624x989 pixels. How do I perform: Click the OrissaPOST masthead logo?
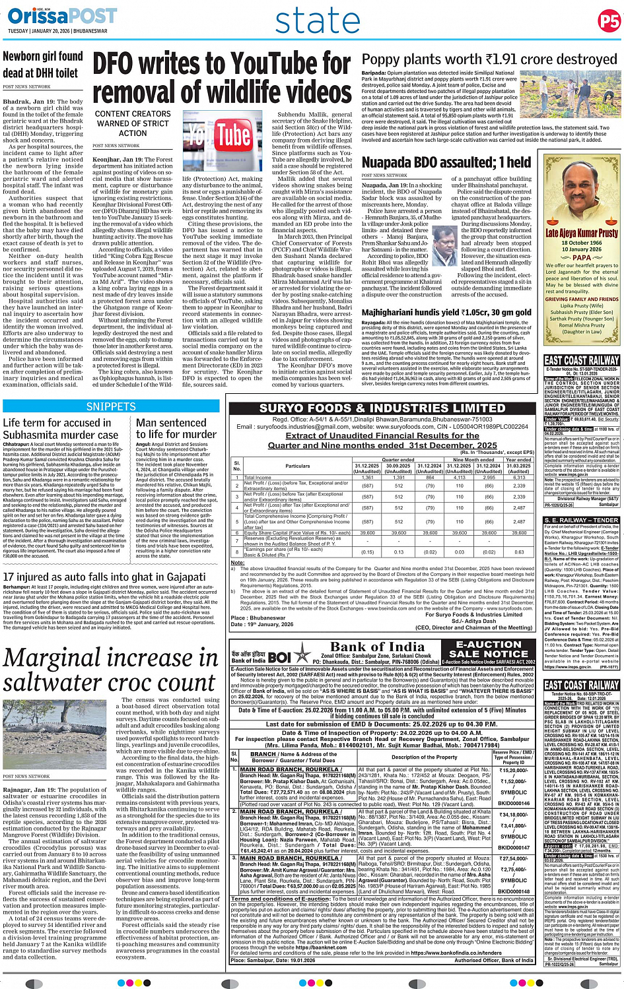pyautogui.click(x=52, y=16)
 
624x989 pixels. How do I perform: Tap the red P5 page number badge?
pyautogui.click(x=609, y=20)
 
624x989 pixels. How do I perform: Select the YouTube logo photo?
pyautogui.click(x=217, y=137)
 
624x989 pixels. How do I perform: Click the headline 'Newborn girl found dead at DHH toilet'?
pyautogui.click(x=43, y=65)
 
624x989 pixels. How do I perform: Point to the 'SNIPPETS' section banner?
pyautogui.click(x=111, y=406)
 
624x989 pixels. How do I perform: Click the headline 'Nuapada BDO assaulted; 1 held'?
pyautogui.click(x=446, y=162)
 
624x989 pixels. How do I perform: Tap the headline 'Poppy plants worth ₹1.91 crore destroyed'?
pyautogui.click(x=489, y=59)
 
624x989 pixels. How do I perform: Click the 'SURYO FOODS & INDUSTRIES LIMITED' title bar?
pyautogui.click(x=382, y=408)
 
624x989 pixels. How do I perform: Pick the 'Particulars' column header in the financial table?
pyautogui.click(x=297, y=466)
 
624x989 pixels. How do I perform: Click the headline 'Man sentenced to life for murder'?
pyautogui.click(x=176, y=428)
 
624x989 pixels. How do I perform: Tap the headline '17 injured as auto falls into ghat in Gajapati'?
pyautogui.click(x=104, y=577)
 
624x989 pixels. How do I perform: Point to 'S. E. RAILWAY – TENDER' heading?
pyautogui.click(x=581, y=520)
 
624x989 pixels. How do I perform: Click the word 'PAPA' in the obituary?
pyautogui.click(x=581, y=258)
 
